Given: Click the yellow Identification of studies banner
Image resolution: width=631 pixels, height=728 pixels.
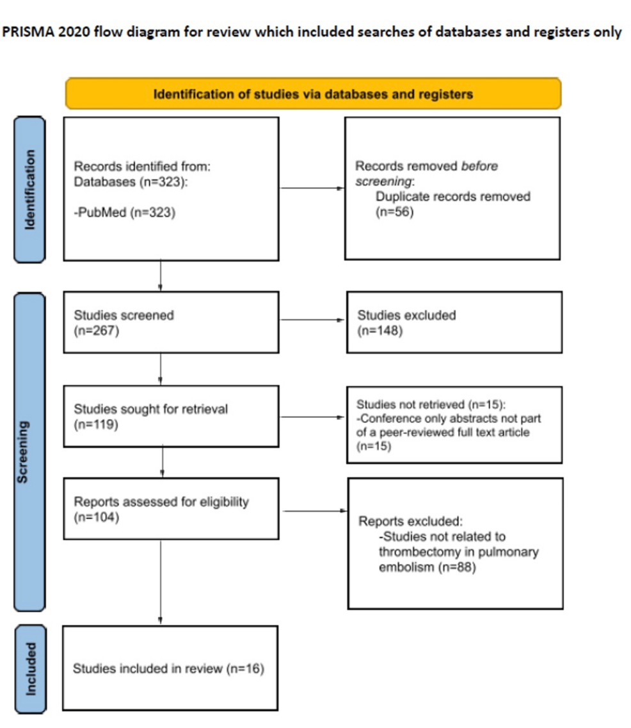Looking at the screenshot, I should tap(313, 94).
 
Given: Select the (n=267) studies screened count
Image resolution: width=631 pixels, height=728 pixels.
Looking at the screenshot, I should tap(96, 331).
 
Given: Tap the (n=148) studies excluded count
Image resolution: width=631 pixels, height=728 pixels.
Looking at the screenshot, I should tap(379, 331).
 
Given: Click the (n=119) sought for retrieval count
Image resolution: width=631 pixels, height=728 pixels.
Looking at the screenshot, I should tap(96, 424).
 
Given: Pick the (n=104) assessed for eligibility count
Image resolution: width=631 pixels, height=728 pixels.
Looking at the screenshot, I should tap(96, 517).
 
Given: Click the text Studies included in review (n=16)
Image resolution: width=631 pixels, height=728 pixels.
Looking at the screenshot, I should tap(168, 669).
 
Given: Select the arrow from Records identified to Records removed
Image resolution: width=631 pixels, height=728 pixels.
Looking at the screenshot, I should tap(311, 189).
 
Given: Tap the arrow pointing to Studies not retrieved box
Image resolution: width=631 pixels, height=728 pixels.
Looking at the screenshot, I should tap(312, 417).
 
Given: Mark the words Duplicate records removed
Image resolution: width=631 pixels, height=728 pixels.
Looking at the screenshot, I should tap(453, 197).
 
